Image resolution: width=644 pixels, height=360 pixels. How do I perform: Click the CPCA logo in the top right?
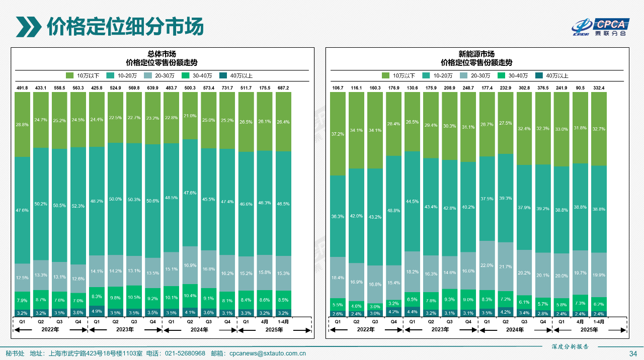tap(601, 27)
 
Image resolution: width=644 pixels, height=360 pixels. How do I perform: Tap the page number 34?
tap(633, 353)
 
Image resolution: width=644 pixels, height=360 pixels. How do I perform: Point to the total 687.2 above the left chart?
tap(283, 88)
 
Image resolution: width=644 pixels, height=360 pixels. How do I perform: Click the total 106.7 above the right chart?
tap(338, 88)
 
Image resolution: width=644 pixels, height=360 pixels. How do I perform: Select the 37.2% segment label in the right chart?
tap(338, 134)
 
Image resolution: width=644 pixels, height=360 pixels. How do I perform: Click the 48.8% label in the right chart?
tap(393, 211)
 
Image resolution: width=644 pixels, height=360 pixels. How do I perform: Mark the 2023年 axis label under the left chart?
tap(125, 330)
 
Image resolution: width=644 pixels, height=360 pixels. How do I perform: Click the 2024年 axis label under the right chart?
tap(515, 330)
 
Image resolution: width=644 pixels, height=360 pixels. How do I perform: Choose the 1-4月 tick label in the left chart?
tap(283, 322)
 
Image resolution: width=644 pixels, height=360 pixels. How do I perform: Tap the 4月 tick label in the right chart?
tap(580, 322)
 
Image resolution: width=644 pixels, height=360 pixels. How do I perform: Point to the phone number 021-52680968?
tap(185, 353)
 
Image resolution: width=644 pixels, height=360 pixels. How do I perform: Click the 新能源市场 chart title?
tap(476, 54)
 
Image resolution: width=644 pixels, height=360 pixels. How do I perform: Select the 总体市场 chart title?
tap(162, 54)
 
